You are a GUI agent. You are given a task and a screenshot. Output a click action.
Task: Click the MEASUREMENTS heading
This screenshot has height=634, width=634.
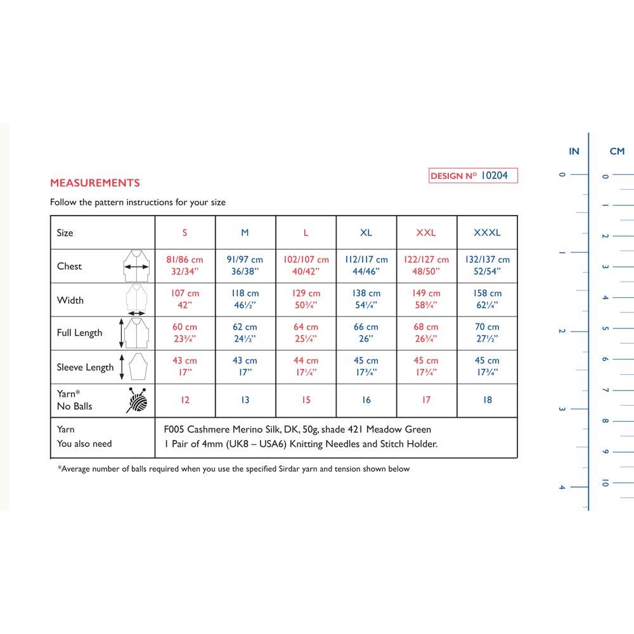pyautogui.click(x=95, y=183)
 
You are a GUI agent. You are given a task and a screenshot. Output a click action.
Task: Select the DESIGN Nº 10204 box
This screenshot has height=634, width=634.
pyautogui.click(x=473, y=176)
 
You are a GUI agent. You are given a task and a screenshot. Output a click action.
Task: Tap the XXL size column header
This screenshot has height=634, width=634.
pyautogui.click(x=426, y=233)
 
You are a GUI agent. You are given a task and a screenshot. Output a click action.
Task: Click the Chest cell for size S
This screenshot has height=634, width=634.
pyautogui.click(x=184, y=266)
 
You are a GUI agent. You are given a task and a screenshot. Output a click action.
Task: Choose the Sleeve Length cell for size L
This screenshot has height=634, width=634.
pyautogui.click(x=306, y=367)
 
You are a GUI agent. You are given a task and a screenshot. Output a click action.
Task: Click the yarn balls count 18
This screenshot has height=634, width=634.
pyautogui.click(x=487, y=400)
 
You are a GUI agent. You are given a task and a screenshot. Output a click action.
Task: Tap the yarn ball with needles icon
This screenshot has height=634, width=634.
pyautogui.click(x=139, y=400)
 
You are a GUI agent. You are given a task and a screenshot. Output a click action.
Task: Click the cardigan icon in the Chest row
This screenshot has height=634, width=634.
pyautogui.click(x=136, y=266)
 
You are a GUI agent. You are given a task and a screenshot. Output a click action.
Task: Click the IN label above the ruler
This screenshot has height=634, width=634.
pyautogui.click(x=574, y=151)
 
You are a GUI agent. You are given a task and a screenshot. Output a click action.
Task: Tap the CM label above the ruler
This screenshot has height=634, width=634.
pyautogui.click(x=617, y=151)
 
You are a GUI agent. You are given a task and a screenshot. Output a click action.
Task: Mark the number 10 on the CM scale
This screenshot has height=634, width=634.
pyautogui.click(x=605, y=483)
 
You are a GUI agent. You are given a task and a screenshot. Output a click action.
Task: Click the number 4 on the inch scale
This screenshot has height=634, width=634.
pyautogui.click(x=561, y=487)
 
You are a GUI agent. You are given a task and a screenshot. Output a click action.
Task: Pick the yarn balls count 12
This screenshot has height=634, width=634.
pyautogui.click(x=184, y=400)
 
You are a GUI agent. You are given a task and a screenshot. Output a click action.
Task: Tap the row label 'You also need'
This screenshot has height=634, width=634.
pyautogui.click(x=84, y=444)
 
